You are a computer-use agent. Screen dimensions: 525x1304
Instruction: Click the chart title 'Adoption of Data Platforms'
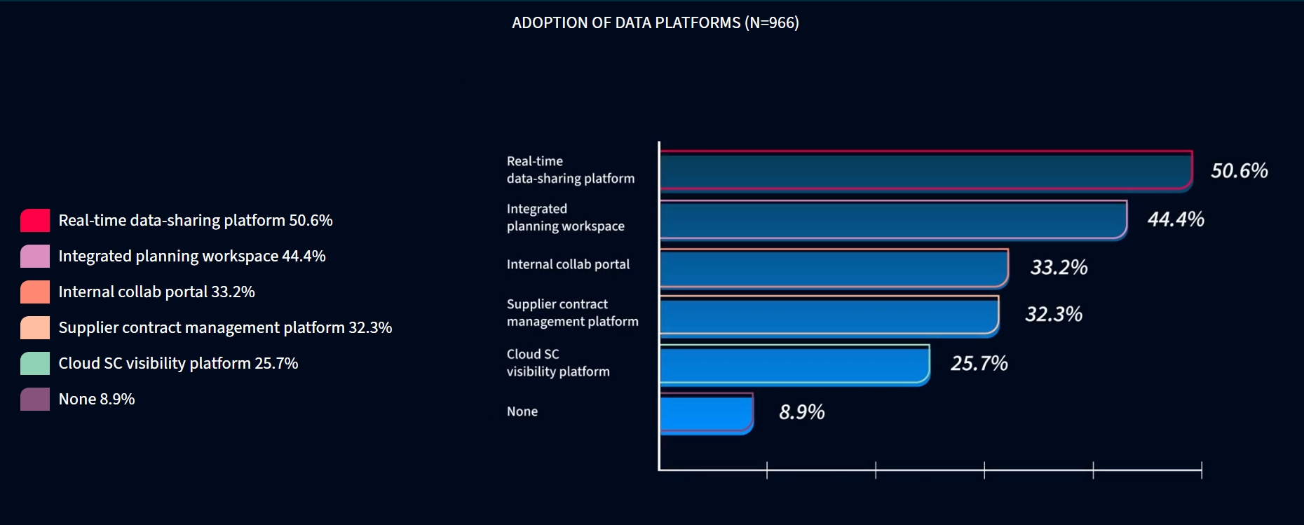655,23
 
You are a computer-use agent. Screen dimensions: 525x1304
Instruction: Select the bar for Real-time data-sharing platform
925,171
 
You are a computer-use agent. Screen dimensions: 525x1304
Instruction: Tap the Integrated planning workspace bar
893,220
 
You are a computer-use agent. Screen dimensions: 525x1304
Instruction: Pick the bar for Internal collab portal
834,268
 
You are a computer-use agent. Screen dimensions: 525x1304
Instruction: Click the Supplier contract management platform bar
829,315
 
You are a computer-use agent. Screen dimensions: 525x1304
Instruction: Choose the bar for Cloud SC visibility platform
794,364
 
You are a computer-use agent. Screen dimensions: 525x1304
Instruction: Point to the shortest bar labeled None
706,414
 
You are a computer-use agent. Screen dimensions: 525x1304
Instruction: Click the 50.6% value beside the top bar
1239,171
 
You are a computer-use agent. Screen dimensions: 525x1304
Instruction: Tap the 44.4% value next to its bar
1175,219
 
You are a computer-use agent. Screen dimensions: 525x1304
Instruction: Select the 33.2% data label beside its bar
1059,267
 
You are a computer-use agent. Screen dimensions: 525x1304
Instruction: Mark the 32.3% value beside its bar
1053,314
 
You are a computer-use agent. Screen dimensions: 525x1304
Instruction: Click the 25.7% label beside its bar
979,363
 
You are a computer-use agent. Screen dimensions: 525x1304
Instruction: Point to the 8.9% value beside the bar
801,411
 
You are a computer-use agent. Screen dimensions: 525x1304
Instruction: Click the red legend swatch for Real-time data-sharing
35,220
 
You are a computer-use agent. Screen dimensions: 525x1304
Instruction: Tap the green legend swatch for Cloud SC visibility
35,363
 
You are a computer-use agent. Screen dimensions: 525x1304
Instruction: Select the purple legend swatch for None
35,399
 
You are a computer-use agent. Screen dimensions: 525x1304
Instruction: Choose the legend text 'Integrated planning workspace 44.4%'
192,257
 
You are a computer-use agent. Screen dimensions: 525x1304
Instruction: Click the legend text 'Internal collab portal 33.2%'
156,292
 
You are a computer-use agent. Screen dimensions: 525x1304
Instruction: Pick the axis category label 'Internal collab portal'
568,264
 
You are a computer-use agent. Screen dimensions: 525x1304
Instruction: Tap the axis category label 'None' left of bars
522,411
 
